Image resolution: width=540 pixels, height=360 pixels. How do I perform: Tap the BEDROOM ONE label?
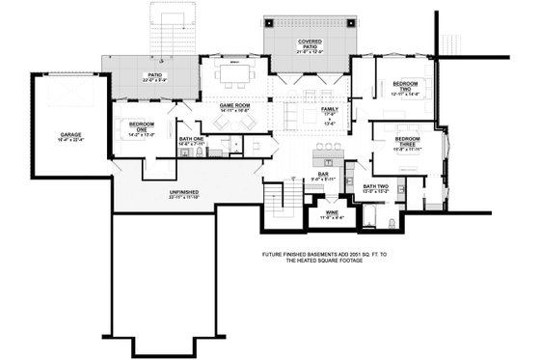142,125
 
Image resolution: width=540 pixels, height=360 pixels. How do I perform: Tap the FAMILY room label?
330,110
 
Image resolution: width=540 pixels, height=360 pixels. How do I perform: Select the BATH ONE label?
191,139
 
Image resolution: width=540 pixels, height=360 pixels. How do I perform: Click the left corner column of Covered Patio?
269,22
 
